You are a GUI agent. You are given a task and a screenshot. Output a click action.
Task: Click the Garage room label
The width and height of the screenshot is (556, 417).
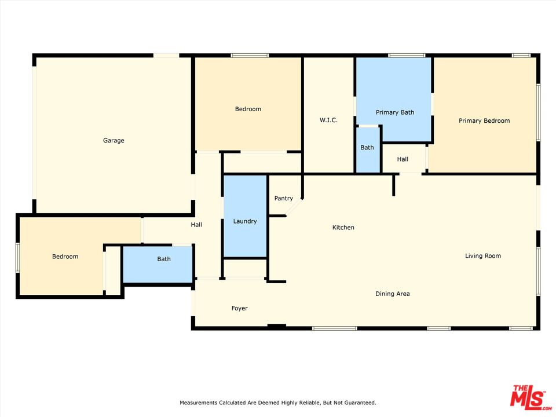tap(114, 141)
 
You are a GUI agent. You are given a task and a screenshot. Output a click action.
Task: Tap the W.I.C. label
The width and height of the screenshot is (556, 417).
tap(328, 120)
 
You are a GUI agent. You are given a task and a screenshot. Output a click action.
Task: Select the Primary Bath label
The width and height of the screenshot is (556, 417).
tap(395, 112)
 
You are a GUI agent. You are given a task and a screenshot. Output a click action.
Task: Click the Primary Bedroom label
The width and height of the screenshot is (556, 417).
tap(484, 121)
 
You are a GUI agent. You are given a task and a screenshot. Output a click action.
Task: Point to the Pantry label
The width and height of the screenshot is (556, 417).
tap(284, 199)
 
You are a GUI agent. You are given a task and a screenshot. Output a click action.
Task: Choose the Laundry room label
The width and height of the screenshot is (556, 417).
tap(245, 221)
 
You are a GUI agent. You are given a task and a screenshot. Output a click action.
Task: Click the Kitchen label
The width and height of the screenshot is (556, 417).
tap(343, 228)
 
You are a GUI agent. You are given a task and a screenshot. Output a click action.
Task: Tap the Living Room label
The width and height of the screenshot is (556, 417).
tap(483, 256)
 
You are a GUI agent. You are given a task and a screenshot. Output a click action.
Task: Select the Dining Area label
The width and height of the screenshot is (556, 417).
tap(393, 294)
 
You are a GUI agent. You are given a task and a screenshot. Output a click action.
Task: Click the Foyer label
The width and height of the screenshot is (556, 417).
tap(240, 309)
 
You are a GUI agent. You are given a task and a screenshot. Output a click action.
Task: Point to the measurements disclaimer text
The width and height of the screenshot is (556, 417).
tap(278, 403)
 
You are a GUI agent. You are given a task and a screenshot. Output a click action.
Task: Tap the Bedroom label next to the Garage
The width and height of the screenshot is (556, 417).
tap(248, 109)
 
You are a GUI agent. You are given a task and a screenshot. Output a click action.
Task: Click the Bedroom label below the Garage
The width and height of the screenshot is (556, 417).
tap(65, 257)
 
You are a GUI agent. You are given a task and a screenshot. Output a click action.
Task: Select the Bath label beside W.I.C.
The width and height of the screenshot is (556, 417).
tap(367, 148)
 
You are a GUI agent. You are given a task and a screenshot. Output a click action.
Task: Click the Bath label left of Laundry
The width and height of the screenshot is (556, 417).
tap(164, 259)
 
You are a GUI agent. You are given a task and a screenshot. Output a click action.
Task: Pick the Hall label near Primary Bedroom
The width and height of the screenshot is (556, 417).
tap(403, 159)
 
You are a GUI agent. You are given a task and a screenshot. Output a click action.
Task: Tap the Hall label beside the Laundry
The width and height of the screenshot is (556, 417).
tap(196, 225)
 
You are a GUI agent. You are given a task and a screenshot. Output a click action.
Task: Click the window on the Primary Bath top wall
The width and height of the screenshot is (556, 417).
tap(407, 56)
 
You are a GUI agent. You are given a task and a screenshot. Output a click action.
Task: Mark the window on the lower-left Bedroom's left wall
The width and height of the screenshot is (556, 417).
tap(17, 257)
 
